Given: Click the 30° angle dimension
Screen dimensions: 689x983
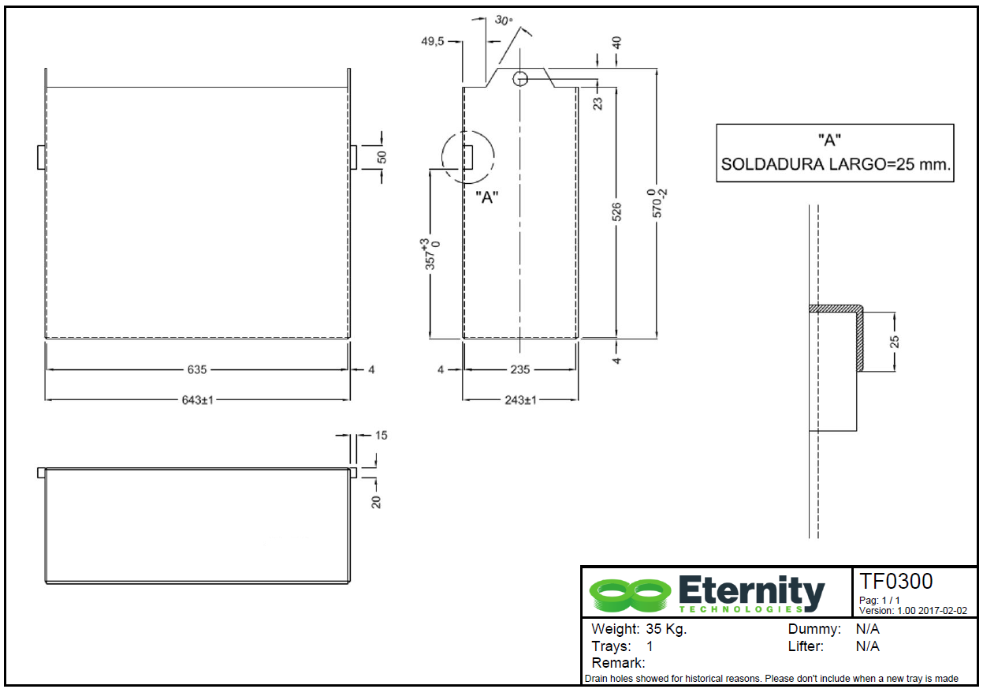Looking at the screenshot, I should pos(504,21).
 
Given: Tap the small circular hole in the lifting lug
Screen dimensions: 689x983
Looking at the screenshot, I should pos(520,77).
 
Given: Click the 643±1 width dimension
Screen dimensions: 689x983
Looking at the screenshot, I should pos(198,400).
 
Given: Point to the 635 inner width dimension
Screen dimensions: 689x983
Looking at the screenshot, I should pos(198,369).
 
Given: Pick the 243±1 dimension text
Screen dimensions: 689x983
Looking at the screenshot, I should pos(520,400).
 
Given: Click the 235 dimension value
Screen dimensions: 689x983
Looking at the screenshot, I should pos(520,369).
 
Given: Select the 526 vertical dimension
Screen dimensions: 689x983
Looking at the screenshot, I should pos(616,212).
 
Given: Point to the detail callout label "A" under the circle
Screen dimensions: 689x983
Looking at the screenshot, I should pos(488,197).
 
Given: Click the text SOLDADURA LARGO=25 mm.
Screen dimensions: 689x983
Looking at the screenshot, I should pos(836,166).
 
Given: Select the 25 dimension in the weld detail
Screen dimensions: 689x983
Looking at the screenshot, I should pos(894,341).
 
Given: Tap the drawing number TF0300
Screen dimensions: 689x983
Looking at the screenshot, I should pos(895,582).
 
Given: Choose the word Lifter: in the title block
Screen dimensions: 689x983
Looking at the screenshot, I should pos(806,646).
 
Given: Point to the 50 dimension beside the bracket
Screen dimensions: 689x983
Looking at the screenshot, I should pos(382,156).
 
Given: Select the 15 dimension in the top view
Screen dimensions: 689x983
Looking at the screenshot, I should pos(382,435).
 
